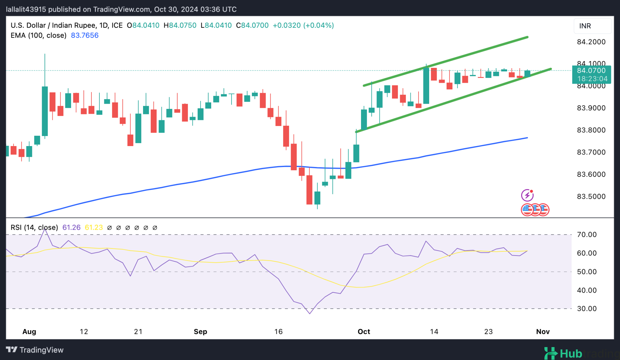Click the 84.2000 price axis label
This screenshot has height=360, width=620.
591,42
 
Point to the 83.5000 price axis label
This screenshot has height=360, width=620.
591,196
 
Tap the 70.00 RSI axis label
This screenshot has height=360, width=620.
587,235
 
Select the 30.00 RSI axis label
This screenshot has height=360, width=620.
587,309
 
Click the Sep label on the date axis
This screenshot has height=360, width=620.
200,332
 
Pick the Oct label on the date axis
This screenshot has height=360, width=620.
364,332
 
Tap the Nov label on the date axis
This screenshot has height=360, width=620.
543,332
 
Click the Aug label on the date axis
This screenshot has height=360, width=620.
29,332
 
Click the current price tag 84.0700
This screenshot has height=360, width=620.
591,70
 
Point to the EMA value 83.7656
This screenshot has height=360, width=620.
85,36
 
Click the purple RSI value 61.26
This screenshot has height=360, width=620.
71,228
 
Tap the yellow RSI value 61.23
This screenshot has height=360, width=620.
94,228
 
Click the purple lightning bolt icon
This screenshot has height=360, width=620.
527,195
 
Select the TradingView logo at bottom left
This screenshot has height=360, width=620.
35,350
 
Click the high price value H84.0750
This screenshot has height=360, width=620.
180,26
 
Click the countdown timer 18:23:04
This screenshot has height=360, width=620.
592,79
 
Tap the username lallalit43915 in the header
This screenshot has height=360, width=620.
26,9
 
